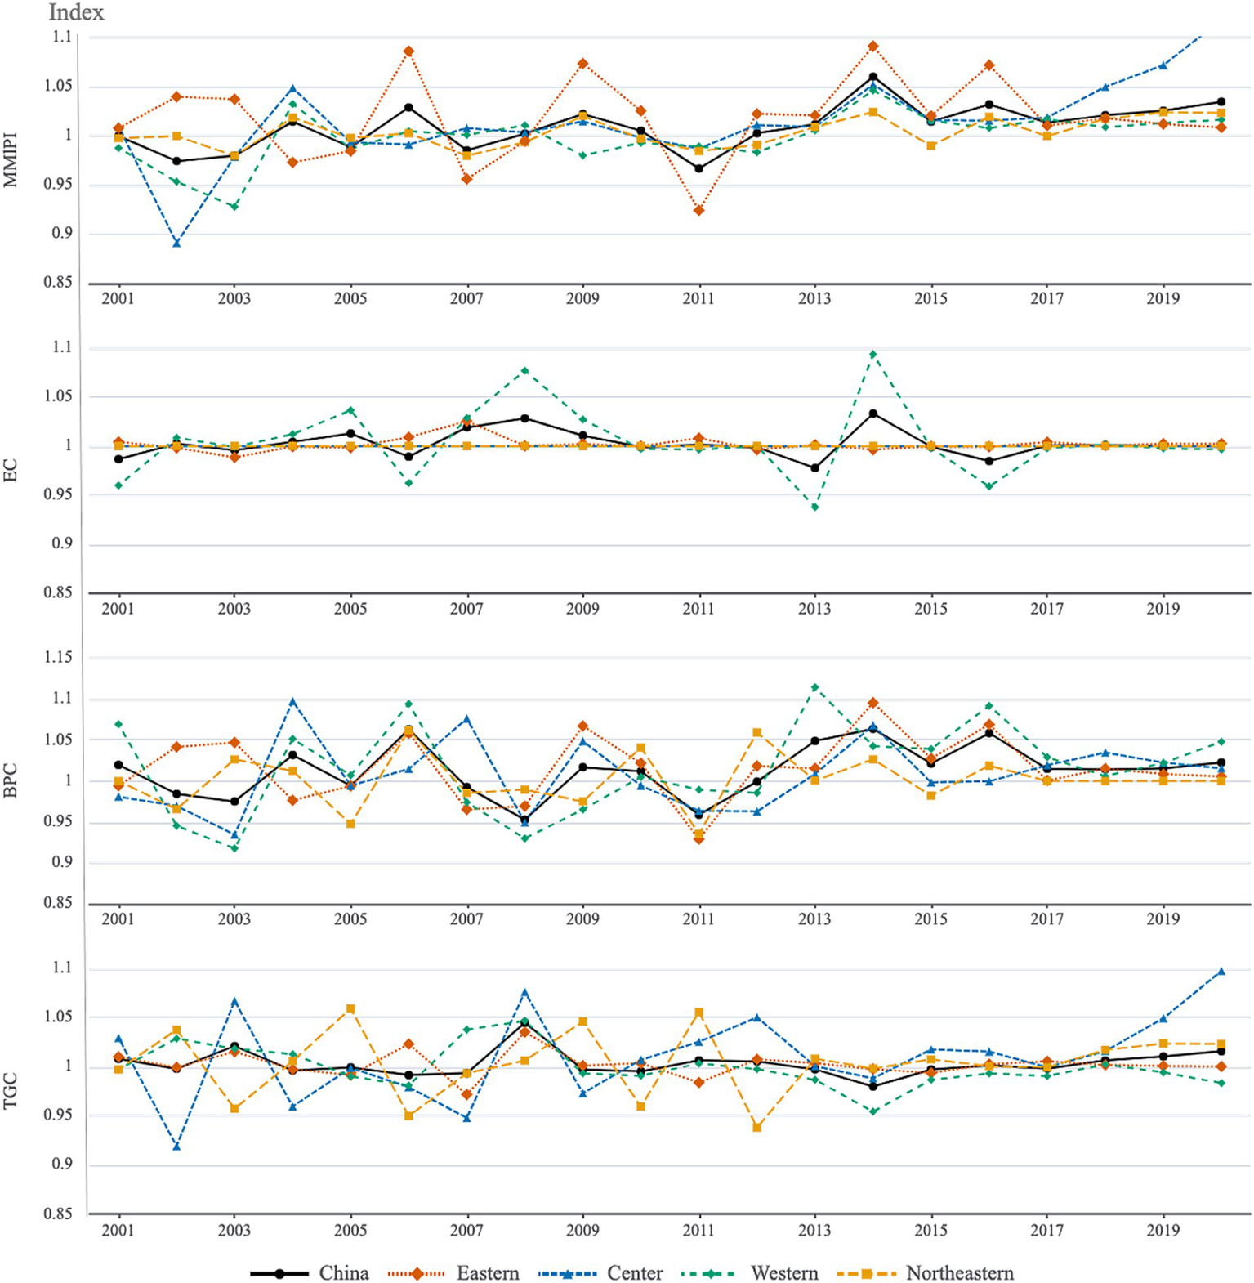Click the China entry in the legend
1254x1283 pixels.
click(x=343, y=1273)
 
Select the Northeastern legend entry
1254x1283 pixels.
click(x=959, y=1273)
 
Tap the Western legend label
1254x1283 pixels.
click(x=783, y=1273)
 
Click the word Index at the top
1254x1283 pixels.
click(x=76, y=12)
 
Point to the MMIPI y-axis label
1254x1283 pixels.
click(x=11, y=159)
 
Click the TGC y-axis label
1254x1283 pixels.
click(x=11, y=1092)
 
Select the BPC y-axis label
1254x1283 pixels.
click(x=11, y=780)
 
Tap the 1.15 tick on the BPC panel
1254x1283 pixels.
click(x=57, y=658)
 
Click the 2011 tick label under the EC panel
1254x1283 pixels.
click(x=698, y=609)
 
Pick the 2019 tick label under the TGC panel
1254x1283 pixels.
click(x=1163, y=1230)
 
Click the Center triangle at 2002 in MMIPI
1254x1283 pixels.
click(x=176, y=243)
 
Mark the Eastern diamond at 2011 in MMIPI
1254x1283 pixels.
click(x=699, y=211)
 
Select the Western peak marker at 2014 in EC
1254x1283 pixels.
click(x=873, y=354)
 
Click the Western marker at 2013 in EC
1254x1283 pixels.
click(x=814, y=507)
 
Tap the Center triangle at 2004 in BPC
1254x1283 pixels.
click(x=292, y=701)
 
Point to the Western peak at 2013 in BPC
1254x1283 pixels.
click(x=814, y=687)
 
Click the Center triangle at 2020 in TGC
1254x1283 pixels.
click(x=1221, y=972)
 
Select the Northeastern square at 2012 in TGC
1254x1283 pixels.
click(x=757, y=1128)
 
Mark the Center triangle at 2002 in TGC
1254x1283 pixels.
click(x=176, y=1147)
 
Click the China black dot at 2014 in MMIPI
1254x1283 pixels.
click(x=873, y=77)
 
